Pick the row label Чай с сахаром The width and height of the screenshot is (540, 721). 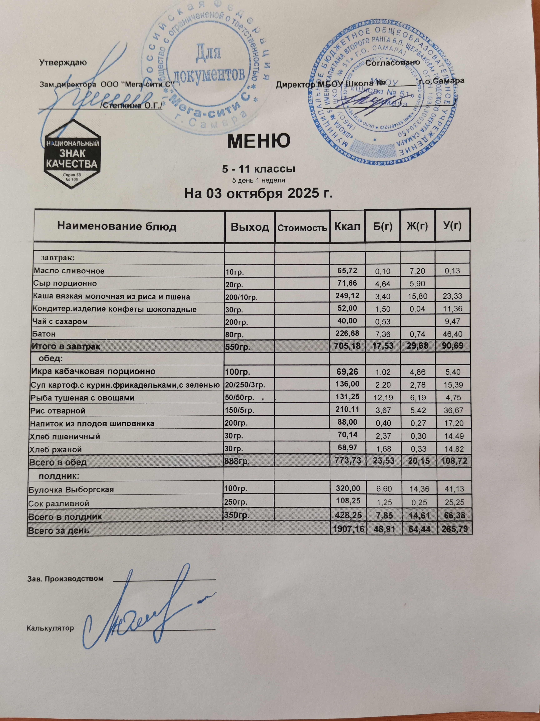click(60, 322)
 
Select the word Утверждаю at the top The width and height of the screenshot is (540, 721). click(63, 62)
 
